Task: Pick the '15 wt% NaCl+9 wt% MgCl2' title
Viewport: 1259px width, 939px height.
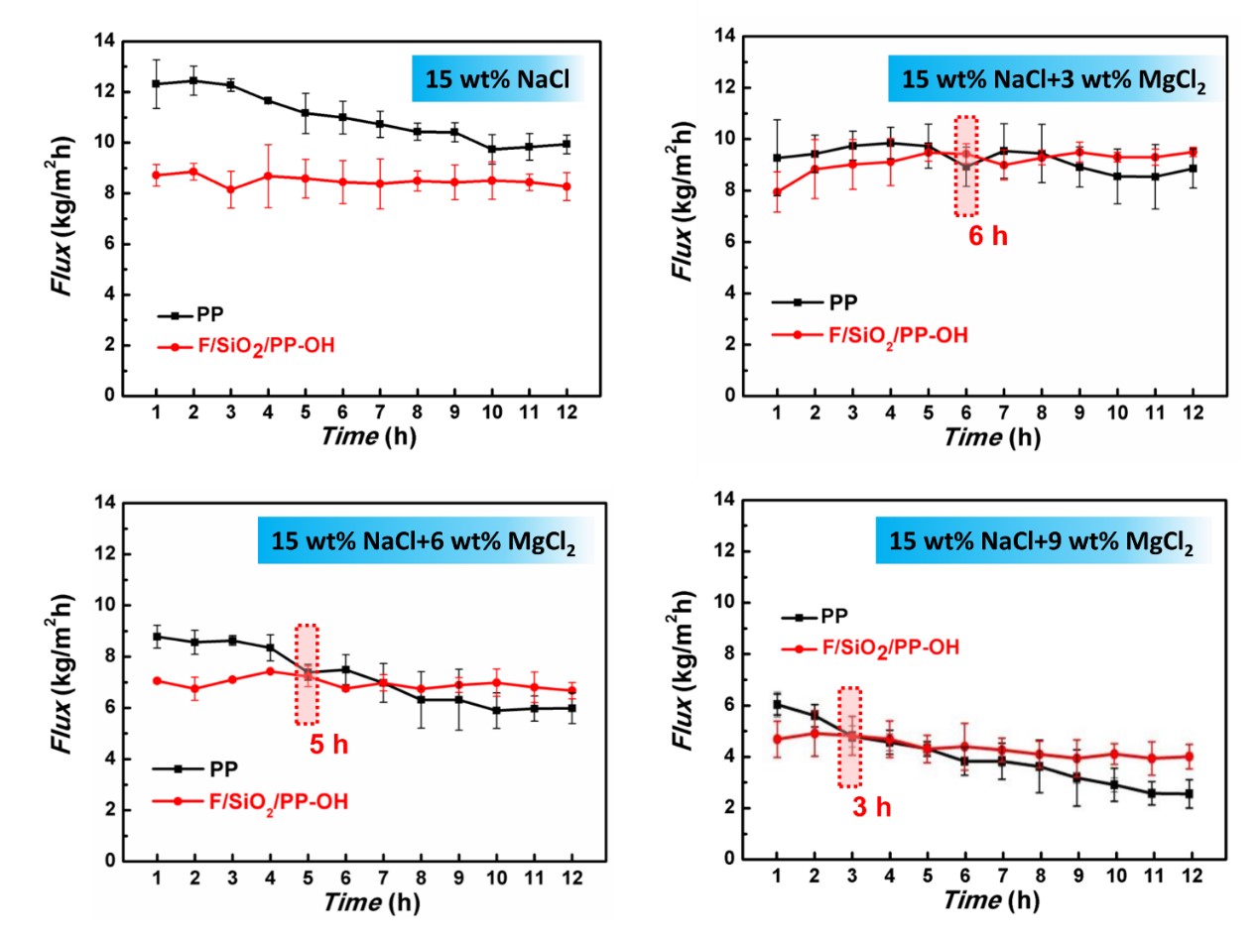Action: [1037, 544]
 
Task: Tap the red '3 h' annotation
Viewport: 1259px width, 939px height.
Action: [872, 807]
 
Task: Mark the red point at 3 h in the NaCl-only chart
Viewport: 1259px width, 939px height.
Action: [231, 189]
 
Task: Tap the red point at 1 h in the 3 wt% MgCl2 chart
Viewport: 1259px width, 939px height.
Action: [776, 192]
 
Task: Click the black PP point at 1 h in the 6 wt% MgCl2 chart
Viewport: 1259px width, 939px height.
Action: [157, 637]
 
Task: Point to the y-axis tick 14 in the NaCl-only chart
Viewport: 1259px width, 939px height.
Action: [105, 42]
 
